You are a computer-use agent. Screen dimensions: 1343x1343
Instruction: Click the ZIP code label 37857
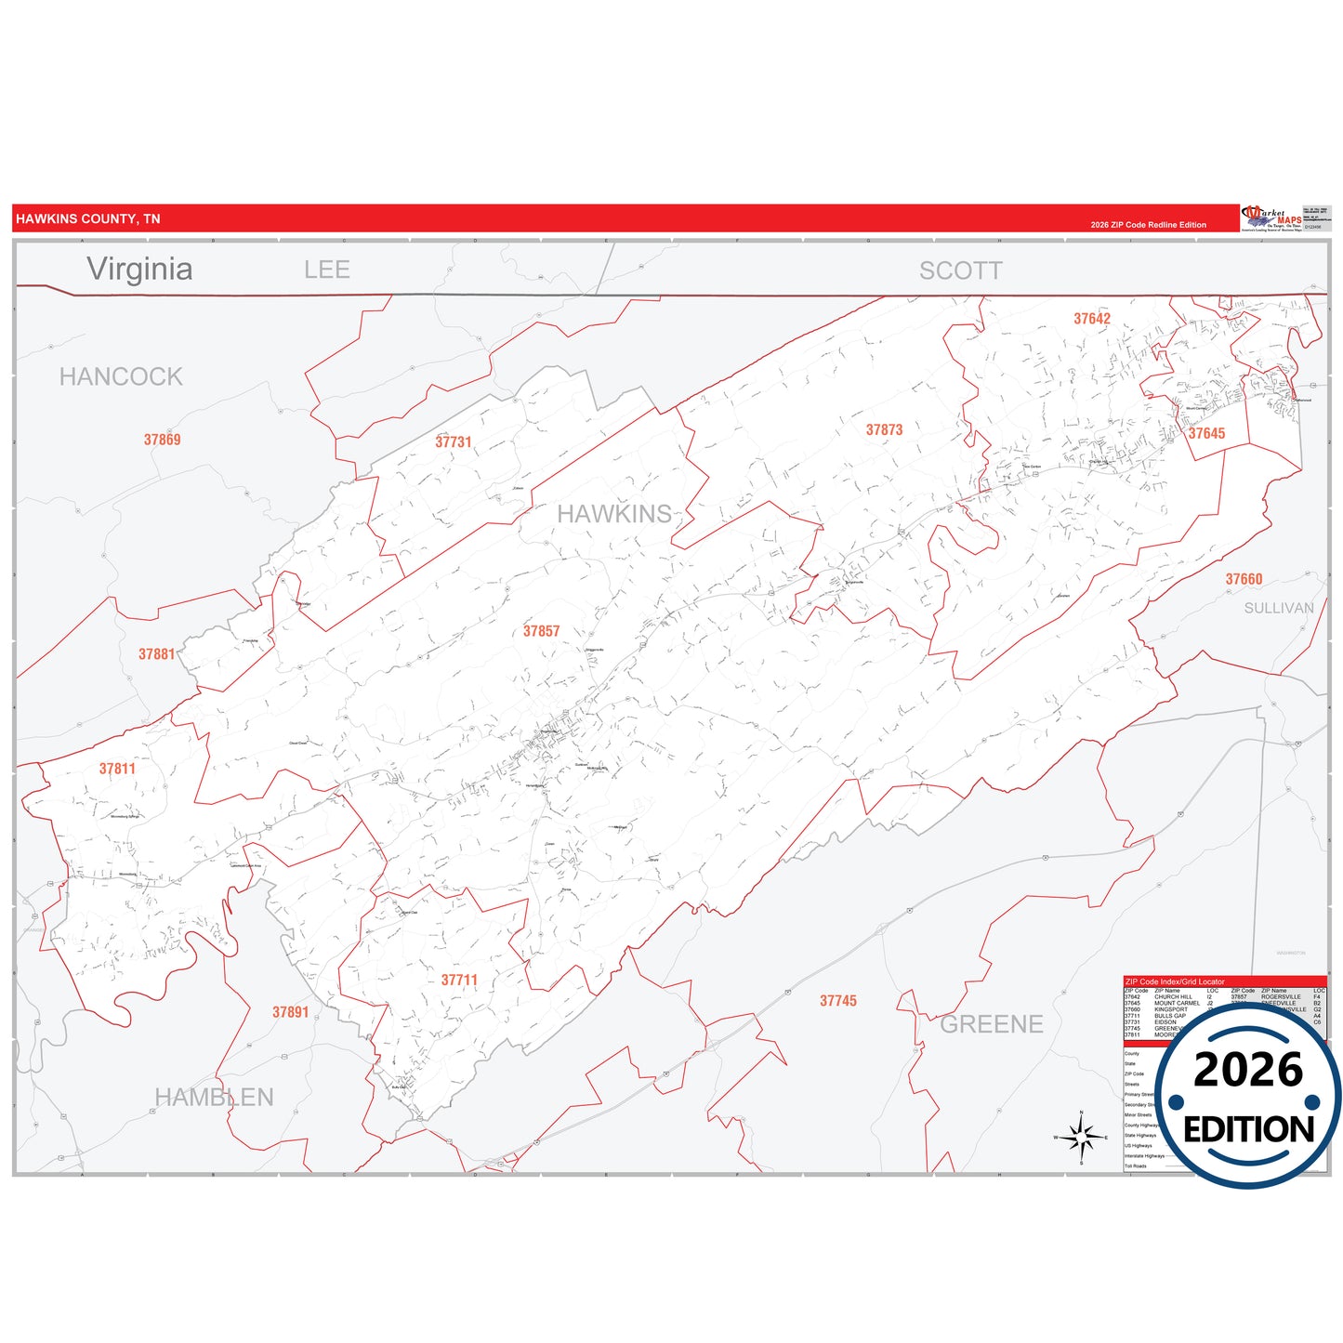tap(541, 631)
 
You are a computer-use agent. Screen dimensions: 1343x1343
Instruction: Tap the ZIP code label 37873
tap(884, 429)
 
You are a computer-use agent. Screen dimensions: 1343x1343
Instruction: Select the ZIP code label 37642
tap(1092, 319)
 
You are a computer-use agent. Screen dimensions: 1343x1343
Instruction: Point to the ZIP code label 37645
tap(1206, 433)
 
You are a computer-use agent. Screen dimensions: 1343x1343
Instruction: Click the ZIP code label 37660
tap(1244, 579)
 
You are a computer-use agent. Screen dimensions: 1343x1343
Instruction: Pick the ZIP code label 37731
tap(454, 441)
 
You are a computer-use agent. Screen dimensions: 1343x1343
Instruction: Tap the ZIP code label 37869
tap(162, 440)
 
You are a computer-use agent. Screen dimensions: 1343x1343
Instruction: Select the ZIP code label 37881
tap(157, 654)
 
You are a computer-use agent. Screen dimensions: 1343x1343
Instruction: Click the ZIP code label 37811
tap(117, 769)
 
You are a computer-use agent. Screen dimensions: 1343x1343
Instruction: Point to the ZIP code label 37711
tap(459, 980)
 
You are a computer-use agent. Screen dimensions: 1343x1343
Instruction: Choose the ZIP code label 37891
tap(290, 1012)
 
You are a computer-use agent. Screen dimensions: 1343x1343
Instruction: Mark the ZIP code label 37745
tap(838, 1001)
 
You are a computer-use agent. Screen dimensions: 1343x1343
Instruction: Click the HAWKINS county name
tap(614, 514)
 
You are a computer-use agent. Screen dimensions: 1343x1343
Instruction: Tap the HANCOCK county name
tap(121, 376)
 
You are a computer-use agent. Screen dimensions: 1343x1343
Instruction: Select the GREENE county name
tap(992, 1024)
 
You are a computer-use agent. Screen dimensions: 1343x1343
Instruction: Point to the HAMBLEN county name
tap(214, 1098)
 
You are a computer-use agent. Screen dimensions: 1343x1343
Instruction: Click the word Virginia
tap(139, 269)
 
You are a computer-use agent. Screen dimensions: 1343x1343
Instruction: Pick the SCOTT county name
tap(961, 270)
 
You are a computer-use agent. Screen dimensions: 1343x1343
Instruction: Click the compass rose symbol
tap(1081, 1137)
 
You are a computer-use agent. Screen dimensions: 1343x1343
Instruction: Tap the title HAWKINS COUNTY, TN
tap(88, 219)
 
